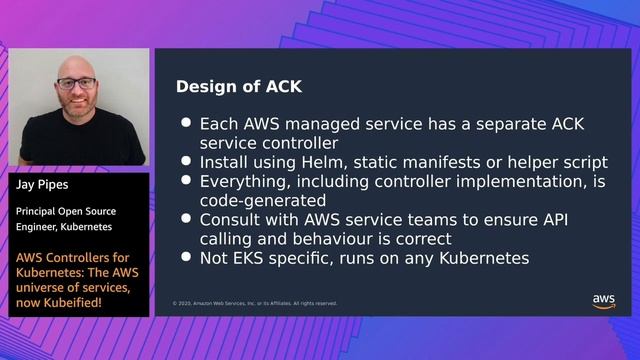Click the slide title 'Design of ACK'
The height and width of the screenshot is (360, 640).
click(x=239, y=86)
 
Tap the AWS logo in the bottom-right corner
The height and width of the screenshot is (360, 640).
click(x=604, y=301)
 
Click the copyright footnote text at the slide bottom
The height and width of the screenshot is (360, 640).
click(x=254, y=303)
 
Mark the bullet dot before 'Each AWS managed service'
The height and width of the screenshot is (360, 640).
click(x=186, y=124)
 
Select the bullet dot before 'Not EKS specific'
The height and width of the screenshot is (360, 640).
click(x=186, y=258)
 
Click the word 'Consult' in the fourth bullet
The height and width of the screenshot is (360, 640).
click(x=232, y=220)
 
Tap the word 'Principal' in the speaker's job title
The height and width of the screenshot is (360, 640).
click(x=36, y=211)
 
